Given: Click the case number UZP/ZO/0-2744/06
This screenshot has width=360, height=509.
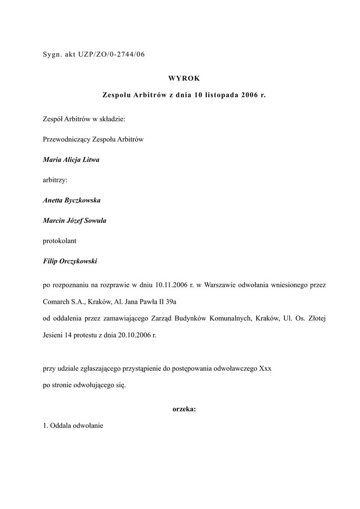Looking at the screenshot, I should click(x=111, y=55).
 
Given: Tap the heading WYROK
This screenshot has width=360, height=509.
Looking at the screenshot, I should click(x=184, y=78).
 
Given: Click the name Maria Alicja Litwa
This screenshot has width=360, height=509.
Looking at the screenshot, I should click(x=71, y=160).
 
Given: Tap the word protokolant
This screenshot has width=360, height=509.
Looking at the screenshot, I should click(x=60, y=241).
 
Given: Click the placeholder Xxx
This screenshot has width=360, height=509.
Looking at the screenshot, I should click(x=265, y=369).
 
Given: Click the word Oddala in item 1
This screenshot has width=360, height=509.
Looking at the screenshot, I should click(x=61, y=426).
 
